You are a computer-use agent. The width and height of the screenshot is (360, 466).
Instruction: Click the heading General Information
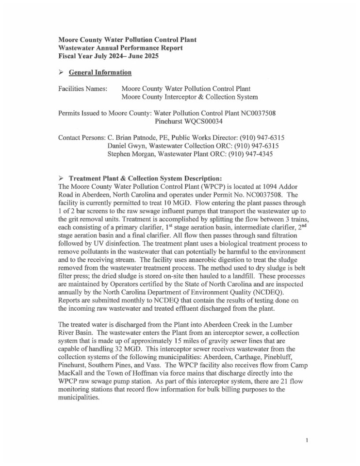100,72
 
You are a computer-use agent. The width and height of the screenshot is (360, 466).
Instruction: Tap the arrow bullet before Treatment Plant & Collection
61,177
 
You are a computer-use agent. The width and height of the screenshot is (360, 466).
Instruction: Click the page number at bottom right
308,440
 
